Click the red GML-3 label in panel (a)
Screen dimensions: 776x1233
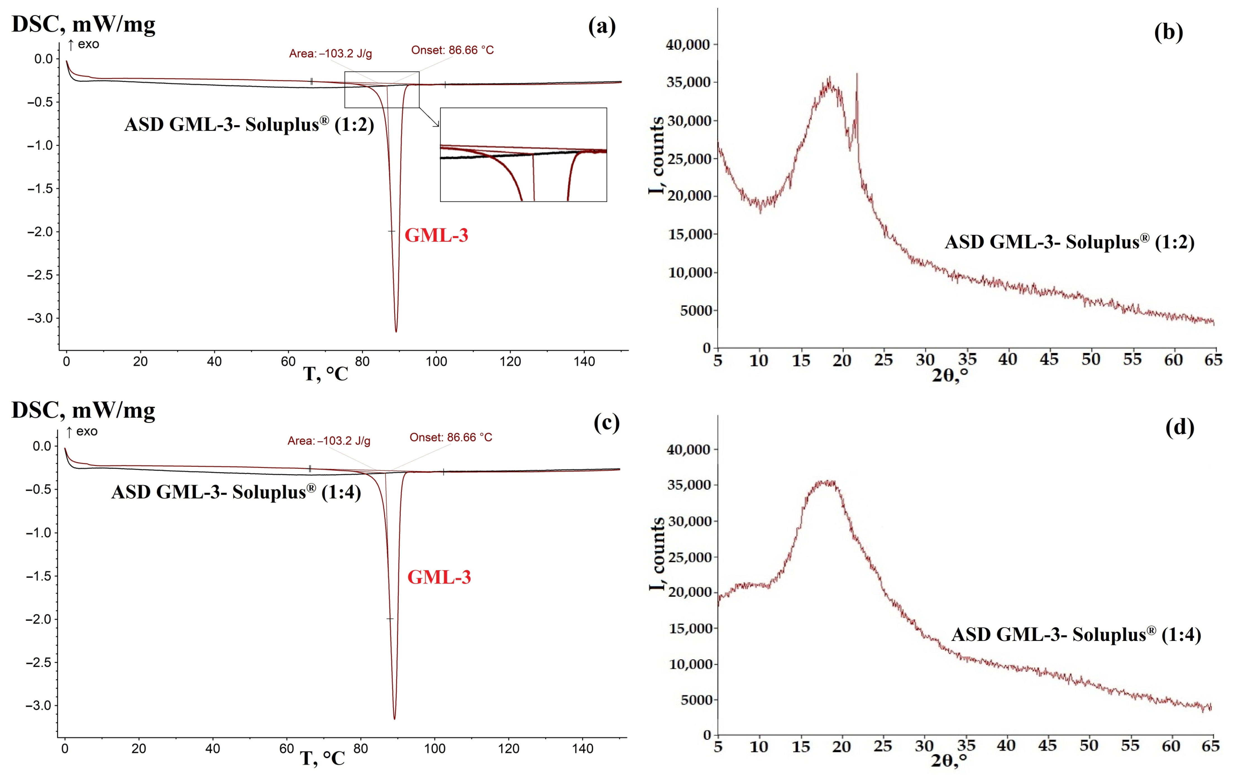coord(436,235)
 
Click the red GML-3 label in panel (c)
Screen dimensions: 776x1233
coord(439,577)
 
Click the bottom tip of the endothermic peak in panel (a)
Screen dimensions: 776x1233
coord(396,331)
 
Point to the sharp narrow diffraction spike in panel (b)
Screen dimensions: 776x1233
coord(857,77)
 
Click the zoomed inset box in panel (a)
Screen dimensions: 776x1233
coord(523,155)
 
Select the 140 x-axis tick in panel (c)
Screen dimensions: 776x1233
coord(583,748)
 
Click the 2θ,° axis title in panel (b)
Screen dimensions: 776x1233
coord(950,376)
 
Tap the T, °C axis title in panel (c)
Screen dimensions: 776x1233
coord(322,758)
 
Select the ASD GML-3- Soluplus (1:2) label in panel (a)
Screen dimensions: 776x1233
coord(249,124)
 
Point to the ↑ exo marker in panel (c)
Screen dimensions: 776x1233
coord(82,432)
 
